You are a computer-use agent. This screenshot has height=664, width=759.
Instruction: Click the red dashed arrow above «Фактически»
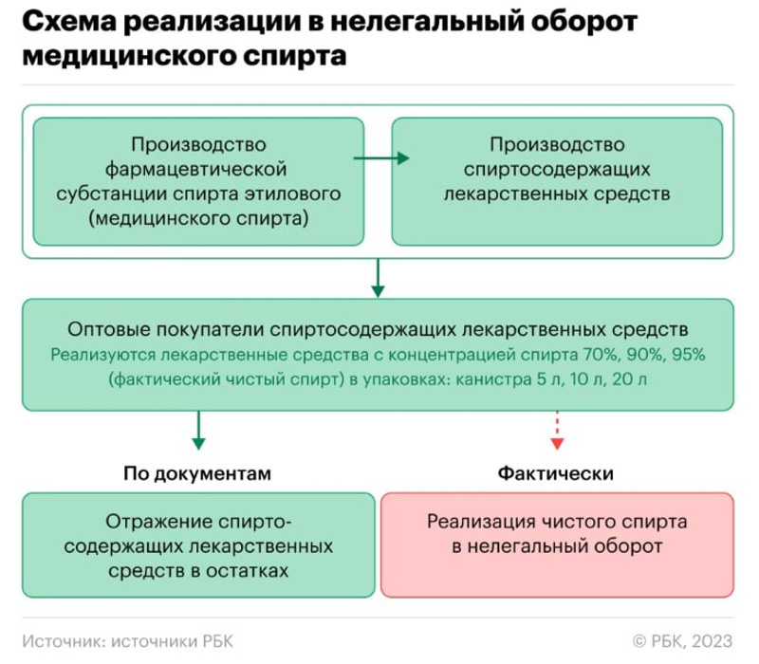pos(558,431)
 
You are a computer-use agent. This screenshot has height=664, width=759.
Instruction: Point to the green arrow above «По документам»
pos(198,431)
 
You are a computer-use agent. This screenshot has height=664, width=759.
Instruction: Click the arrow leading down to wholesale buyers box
pos(377,276)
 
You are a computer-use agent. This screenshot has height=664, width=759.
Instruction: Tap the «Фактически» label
pos(556,472)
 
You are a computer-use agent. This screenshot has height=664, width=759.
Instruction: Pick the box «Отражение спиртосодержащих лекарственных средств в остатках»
pos(198,544)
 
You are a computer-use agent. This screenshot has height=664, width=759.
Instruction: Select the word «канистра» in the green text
pos(493,378)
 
